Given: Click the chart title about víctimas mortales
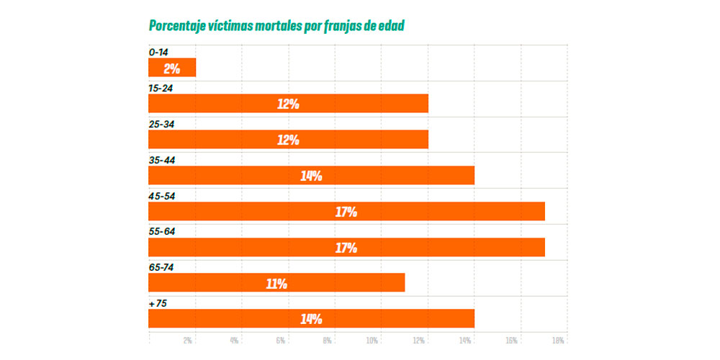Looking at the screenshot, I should click(x=276, y=26).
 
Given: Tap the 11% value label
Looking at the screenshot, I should click(x=276, y=284).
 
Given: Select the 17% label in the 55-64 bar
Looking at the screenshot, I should click(x=346, y=248).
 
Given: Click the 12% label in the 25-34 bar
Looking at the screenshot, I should click(x=288, y=140).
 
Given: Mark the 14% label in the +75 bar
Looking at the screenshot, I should click(x=311, y=319).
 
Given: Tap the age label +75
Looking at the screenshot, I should click(x=158, y=303).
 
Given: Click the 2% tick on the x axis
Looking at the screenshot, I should click(x=189, y=340).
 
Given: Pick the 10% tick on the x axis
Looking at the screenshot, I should click(x=373, y=340).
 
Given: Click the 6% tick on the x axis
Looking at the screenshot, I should click(x=281, y=340).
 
